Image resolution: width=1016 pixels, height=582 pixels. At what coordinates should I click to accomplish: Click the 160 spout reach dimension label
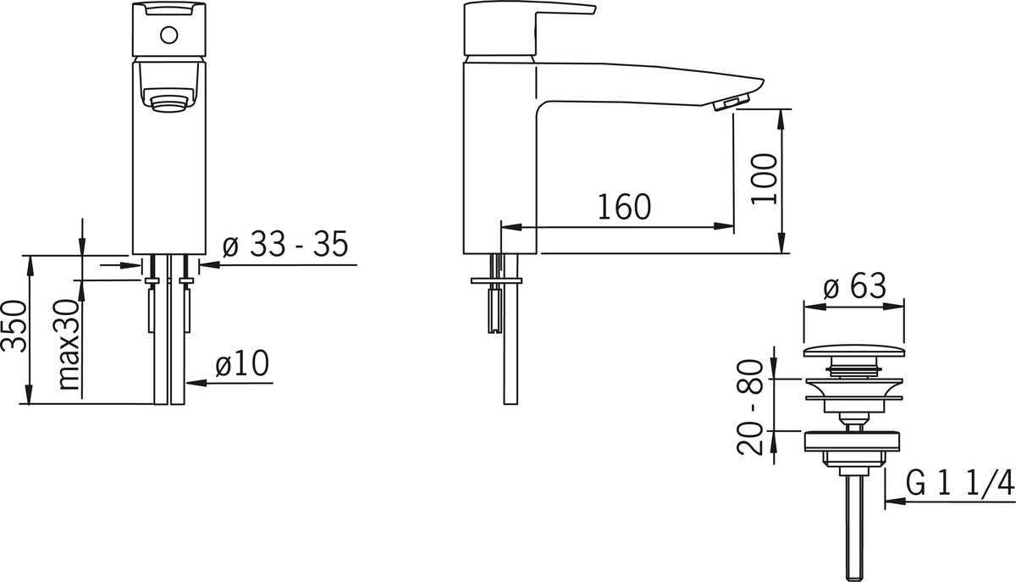point(624,207)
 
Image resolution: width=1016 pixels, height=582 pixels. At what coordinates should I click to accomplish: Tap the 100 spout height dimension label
point(764,180)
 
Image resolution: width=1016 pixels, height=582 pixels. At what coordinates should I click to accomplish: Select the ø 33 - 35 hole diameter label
point(285,244)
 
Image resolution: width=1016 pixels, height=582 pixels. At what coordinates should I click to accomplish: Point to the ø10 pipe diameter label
point(242,363)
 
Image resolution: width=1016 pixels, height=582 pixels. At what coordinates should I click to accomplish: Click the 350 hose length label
point(14,325)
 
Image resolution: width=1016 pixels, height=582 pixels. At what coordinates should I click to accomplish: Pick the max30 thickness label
point(69,345)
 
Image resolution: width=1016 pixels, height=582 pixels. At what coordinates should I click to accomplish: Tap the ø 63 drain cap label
point(854,286)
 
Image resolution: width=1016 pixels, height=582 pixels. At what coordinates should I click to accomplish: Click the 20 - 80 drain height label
point(750,407)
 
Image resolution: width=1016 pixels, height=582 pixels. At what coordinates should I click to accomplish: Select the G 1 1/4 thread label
point(960,483)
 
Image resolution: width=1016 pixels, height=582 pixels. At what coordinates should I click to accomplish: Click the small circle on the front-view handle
point(168,36)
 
